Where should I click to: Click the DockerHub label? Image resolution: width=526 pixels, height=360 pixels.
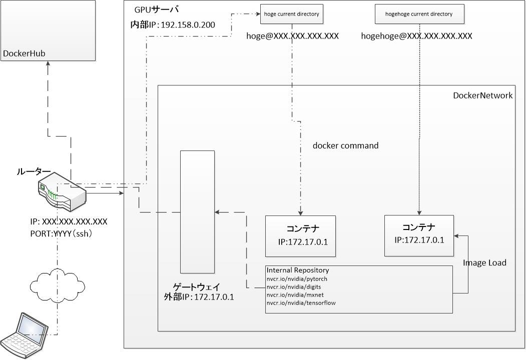click(21, 54)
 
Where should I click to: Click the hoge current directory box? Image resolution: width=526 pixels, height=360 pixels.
click(292, 14)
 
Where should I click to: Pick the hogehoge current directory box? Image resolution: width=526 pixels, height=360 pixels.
click(418, 14)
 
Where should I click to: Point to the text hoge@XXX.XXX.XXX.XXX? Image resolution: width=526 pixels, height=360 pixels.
click(293, 36)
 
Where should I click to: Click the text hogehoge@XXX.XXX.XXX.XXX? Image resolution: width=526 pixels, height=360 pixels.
click(416, 36)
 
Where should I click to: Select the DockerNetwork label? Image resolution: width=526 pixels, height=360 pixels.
click(482, 95)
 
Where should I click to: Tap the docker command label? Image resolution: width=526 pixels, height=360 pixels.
click(345, 145)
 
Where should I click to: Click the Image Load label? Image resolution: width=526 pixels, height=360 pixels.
click(484, 262)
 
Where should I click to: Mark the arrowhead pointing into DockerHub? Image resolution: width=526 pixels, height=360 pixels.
click(48, 64)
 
